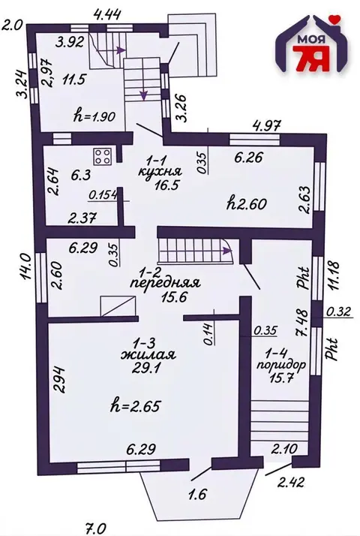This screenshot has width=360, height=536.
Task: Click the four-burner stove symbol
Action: click(x=102, y=157)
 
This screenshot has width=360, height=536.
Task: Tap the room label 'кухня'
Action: click(x=160, y=171)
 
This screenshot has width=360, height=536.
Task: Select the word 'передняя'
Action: click(x=165, y=284)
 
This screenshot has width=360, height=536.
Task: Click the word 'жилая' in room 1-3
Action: click(x=148, y=355)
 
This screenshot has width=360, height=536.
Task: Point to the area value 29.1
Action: click(x=147, y=368)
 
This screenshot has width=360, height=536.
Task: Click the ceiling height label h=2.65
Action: click(x=136, y=407)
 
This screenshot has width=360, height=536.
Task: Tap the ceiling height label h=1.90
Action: click(x=94, y=116)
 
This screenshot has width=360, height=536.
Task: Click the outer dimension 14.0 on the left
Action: click(x=26, y=266)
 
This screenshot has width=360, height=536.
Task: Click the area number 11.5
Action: click(x=73, y=81)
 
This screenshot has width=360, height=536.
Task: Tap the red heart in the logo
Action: click(x=337, y=20)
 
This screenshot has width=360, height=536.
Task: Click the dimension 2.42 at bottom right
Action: click(x=290, y=483)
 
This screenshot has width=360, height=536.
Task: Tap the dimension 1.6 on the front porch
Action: click(x=198, y=494)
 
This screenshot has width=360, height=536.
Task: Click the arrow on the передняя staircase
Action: click(x=226, y=251)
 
